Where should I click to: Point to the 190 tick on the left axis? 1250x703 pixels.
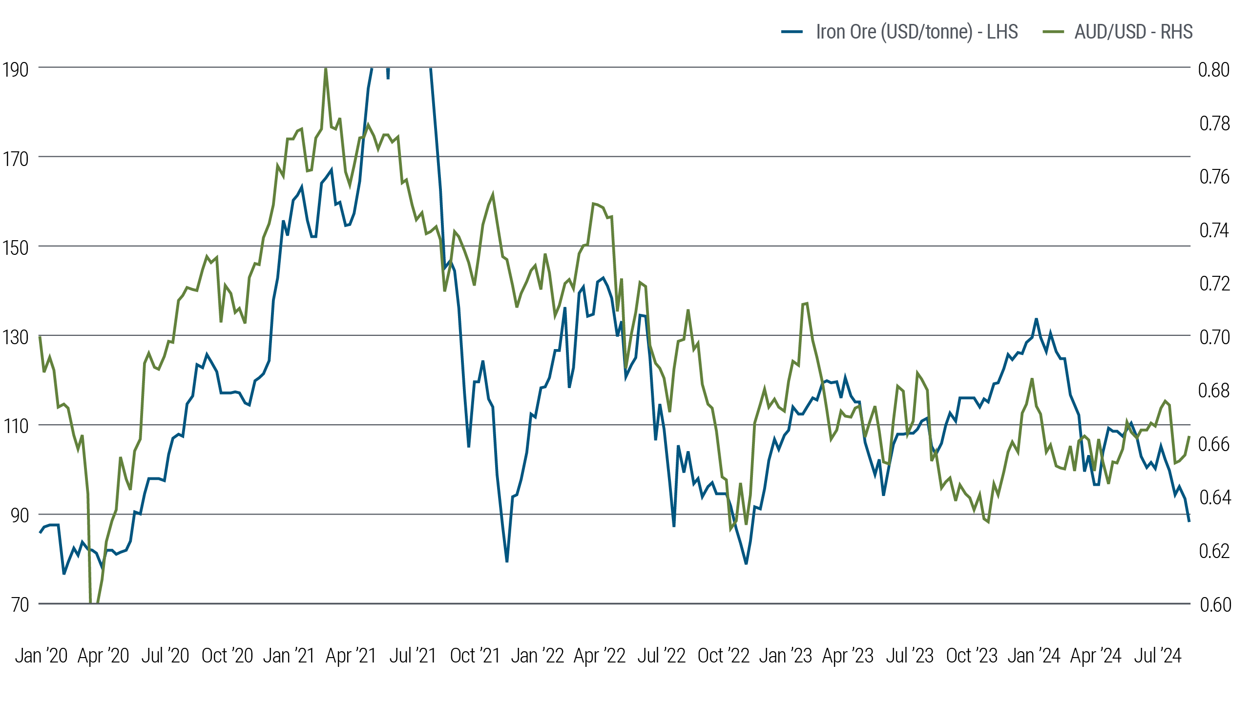click(x=15, y=69)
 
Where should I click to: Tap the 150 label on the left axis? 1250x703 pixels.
click(x=15, y=248)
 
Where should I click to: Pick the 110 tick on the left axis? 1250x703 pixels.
click(x=15, y=426)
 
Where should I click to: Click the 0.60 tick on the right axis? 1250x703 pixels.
click(x=1215, y=605)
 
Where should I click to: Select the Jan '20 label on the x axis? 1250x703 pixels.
click(x=41, y=656)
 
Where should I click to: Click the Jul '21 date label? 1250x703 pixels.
click(x=413, y=656)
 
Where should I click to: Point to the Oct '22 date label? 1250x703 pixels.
click(x=723, y=656)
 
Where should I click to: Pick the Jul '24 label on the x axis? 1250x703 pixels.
click(x=1157, y=656)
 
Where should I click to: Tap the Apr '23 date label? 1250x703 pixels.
click(x=848, y=656)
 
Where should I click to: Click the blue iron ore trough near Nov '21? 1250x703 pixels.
click(x=507, y=562)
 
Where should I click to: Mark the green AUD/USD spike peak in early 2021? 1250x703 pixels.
click(x=326, y=69)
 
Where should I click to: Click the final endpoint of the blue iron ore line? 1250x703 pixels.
click(x=1189, y=521)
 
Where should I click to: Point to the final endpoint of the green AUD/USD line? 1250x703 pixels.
click(x=1189, y=436)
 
